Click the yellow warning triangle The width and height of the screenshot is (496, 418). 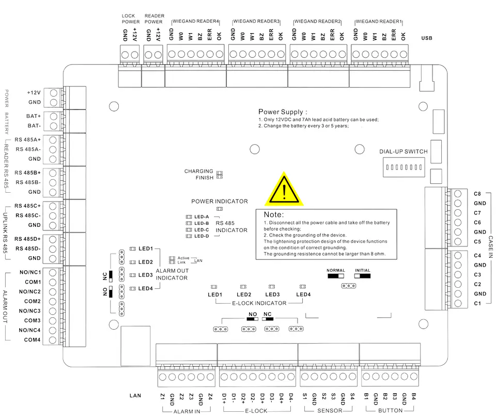click(x=284, y=190)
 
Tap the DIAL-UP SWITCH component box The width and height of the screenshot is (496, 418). click(x=404, y=167)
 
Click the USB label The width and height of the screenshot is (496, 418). click(x=426, y=38)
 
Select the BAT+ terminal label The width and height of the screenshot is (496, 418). click(x=34, y=116)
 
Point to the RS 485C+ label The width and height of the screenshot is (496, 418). click(x=27, y=206)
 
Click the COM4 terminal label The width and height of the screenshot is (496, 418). click(x=32, y=340)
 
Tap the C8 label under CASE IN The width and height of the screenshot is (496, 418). click(x=477, y=194)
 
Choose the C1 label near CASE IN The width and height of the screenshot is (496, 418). click(x=477, y=303)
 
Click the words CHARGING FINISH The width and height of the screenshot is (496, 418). click(x=198, y=174)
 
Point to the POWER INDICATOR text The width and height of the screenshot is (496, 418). click(x=220, y=201)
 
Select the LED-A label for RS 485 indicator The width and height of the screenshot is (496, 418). click(x=202, y=217)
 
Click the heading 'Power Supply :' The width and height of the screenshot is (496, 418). click(x=283, y=112)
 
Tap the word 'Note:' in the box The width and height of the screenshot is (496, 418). click(x=274, y=214)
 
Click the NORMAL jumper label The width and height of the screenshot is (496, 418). click(x=336, y=271)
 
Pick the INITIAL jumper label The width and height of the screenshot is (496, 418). click(x=363, y=271)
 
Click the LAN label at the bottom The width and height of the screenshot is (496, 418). click(x=135, y=396)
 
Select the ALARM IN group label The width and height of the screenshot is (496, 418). click(x=187, y=411)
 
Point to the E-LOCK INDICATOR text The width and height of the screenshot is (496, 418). click(x=259, y=303)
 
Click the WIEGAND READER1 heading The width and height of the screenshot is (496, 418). click(x=379, y=21)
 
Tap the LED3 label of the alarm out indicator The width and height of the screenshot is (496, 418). click(x=146, y=275)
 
